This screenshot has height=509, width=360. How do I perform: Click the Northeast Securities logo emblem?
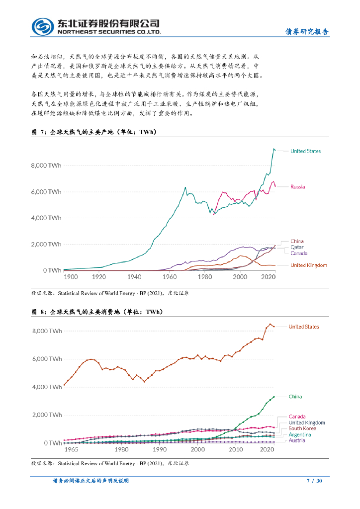43,26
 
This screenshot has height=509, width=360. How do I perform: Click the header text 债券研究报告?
306,31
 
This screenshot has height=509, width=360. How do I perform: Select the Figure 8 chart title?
97,312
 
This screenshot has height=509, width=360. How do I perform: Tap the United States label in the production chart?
305,151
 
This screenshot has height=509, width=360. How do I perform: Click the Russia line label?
297,187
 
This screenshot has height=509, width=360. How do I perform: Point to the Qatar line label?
297,247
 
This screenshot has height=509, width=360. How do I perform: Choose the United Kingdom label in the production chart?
308,265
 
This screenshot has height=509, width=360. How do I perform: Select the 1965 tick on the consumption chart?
71,449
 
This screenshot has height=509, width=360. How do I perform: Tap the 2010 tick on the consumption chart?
236,449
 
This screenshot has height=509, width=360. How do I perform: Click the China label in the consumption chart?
295,397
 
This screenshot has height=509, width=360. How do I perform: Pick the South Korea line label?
302,428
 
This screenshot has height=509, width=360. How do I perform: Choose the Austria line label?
297,440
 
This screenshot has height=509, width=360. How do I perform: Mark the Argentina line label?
300,434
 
